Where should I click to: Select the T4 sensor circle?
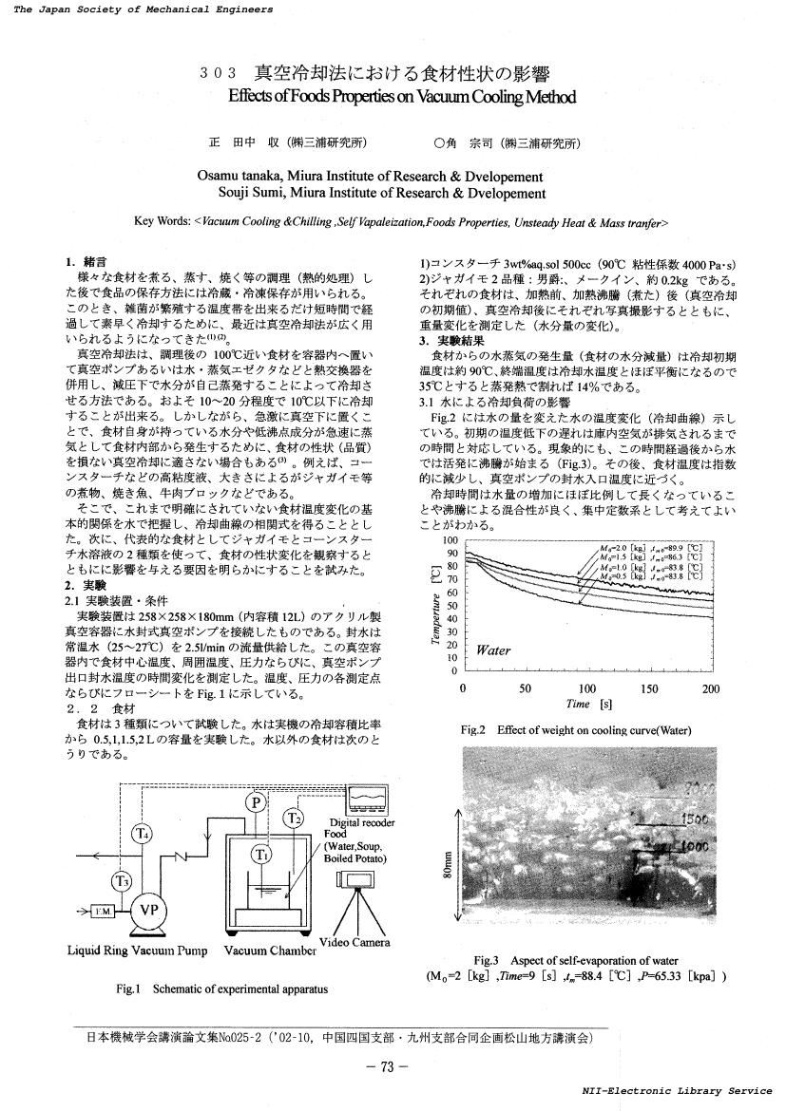click(142, 835)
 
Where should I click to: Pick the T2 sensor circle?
click(296, 818)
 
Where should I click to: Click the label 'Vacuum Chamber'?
click(270, 950)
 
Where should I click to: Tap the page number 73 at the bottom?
click(387, 1066)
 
